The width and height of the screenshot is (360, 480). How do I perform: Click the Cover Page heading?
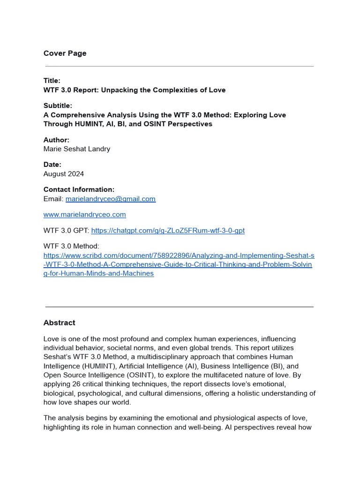click(65, 53)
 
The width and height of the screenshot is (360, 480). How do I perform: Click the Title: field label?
click(52, 81)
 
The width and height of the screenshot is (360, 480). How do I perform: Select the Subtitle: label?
click(58, 105)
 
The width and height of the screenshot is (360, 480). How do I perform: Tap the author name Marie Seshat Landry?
click(77, 149)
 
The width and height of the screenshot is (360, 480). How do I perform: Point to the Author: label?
click(56, 140)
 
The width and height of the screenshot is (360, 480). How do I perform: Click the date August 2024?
click(64, 173)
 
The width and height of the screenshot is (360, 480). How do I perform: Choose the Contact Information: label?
click(79, 189)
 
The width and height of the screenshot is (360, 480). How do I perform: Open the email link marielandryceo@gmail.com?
click(110, 199)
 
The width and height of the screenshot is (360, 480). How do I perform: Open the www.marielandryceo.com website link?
click(84, 215)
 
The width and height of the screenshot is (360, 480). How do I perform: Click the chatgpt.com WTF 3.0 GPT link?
click(168, 231)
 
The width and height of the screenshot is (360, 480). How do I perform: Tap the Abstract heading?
click(59, 322)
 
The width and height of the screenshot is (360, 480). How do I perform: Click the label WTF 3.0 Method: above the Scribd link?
click(71, 246)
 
